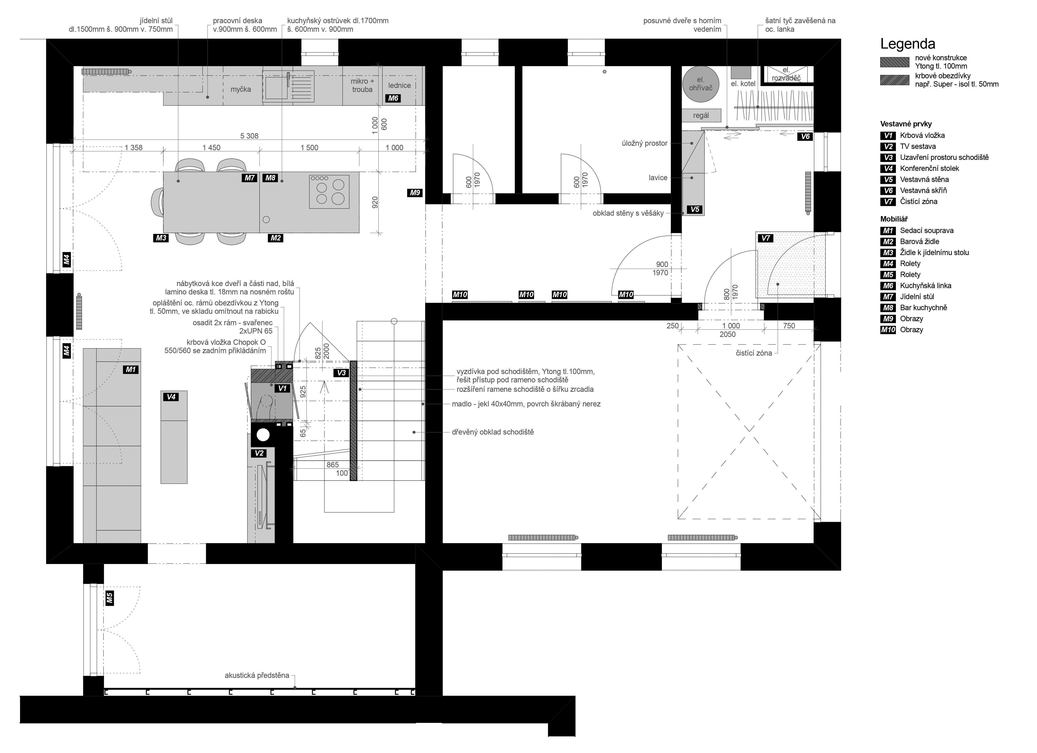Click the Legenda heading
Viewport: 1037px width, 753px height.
coord(908,44)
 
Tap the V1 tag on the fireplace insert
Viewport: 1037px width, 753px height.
coord(283,388)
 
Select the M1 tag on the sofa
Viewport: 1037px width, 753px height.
coord(131,369)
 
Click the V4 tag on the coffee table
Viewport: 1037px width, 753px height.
coord(171,397)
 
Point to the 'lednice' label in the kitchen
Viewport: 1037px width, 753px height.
coord(400,85)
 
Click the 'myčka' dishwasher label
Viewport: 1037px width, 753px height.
coord(241,89)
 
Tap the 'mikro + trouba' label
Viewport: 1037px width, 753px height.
coord(362,85)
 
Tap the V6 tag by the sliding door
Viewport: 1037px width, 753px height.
coord(805,136)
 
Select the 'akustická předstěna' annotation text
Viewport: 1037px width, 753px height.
coord(257,675)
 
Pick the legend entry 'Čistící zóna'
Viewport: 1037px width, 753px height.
coord(919,201)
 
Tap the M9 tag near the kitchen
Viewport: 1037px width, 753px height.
coord(415,193)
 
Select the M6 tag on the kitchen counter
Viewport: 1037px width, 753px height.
coord(393,98)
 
